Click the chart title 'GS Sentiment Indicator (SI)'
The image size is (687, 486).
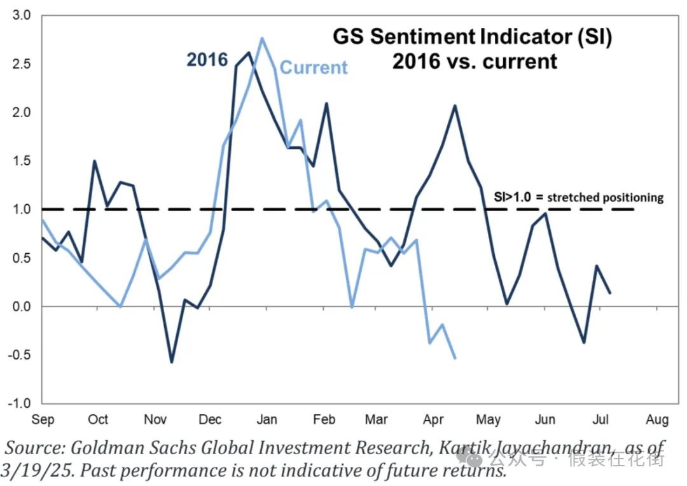click(x=473, y=37)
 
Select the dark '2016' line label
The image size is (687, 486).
click(x=207, y=59)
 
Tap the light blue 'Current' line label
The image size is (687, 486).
click(x=314, y=67)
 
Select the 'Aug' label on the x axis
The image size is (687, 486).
click(x=656, y=420)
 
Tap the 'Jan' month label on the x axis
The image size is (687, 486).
click(x=267, y=420)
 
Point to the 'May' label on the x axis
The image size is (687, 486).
click(x=488, y=420)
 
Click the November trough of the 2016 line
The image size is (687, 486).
click(x=171, y=362)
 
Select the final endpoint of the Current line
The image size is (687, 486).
click(x=455, y=358)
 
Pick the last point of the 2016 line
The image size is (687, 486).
click(x=609, y=293)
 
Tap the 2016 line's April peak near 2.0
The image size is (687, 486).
click(x=455, y=106)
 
